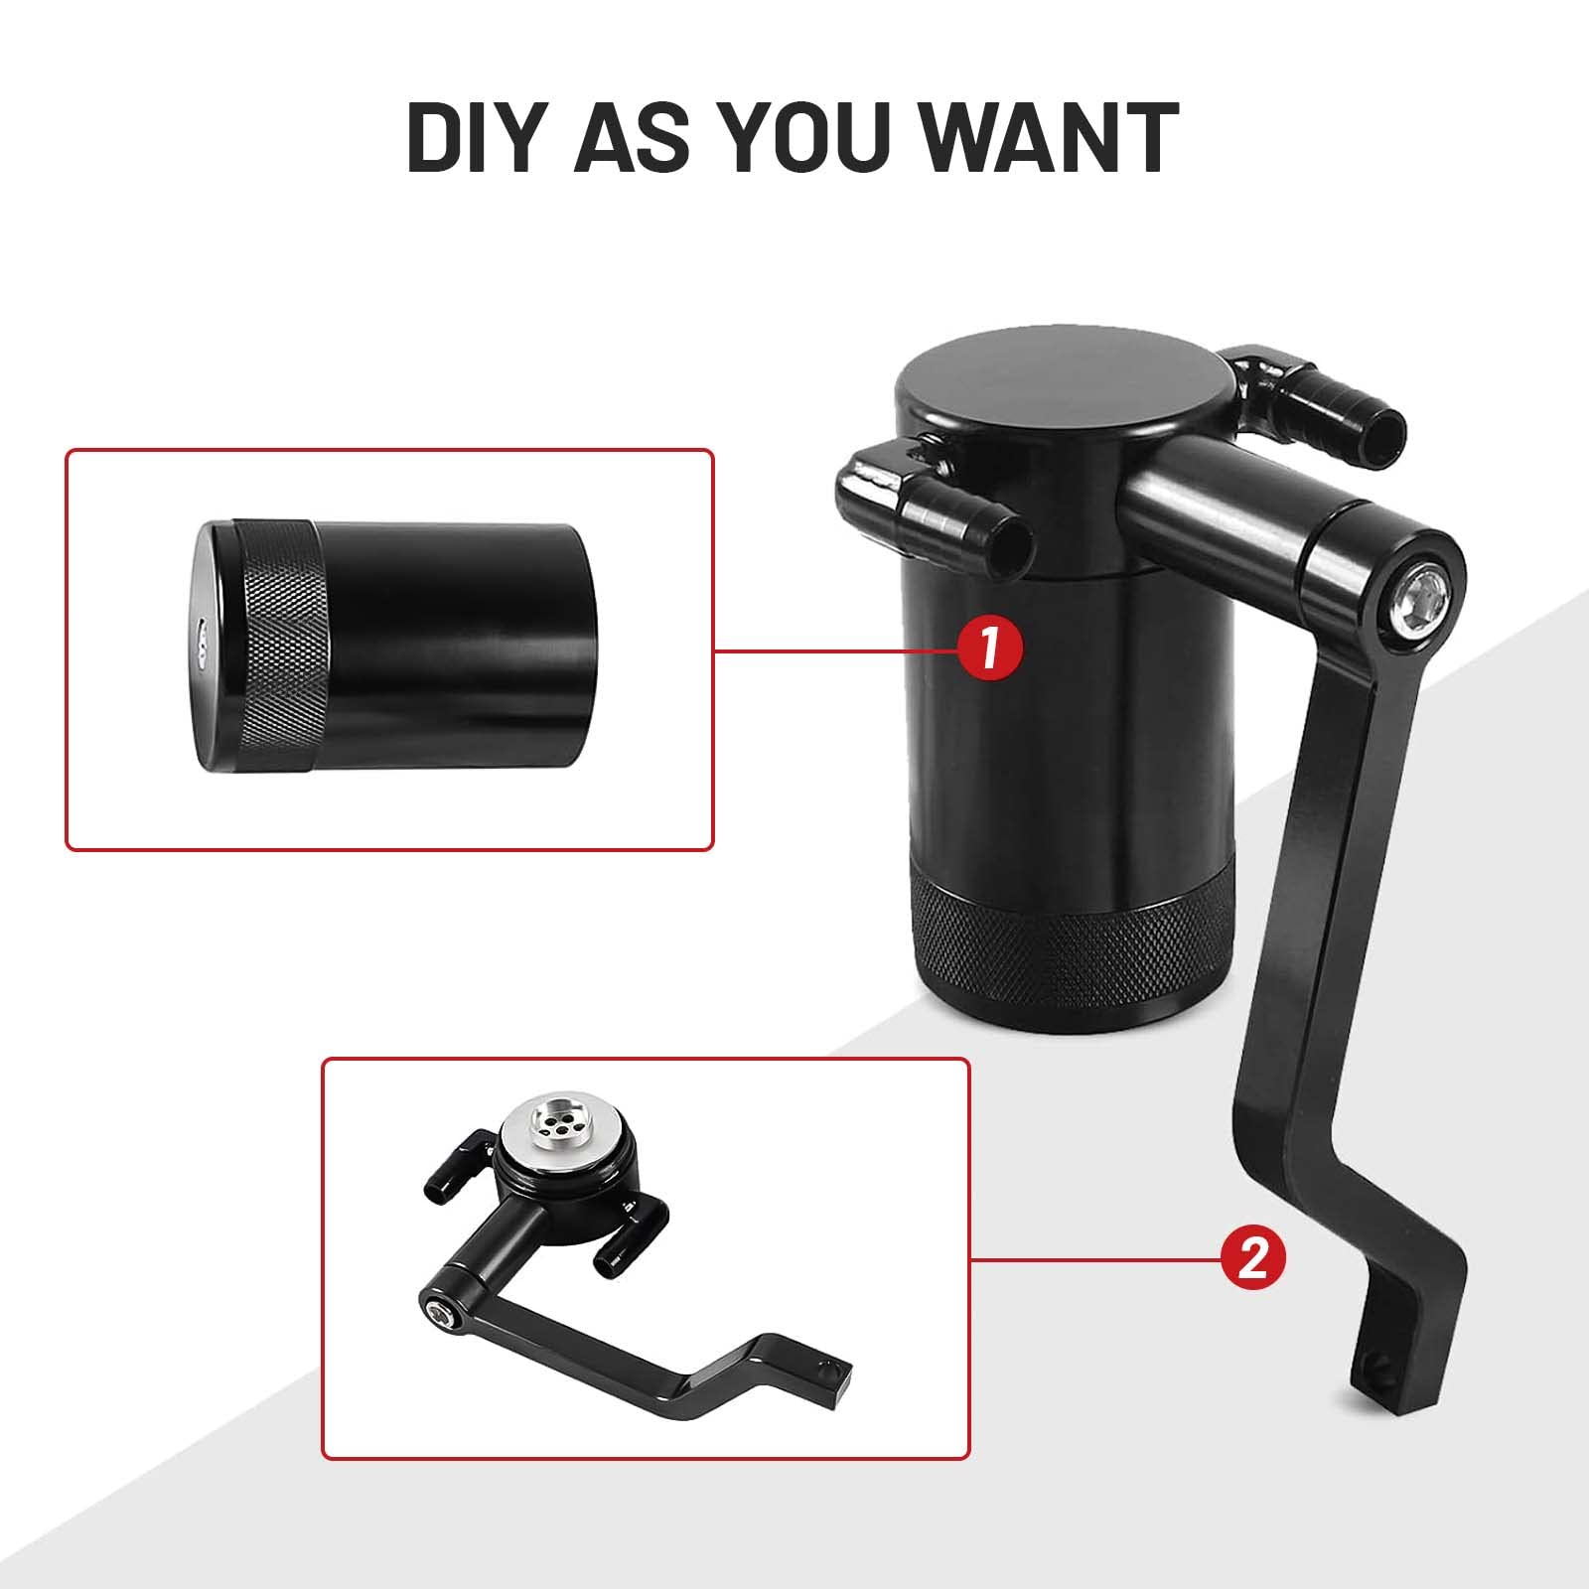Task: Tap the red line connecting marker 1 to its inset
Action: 836,650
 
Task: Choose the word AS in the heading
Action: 628,138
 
